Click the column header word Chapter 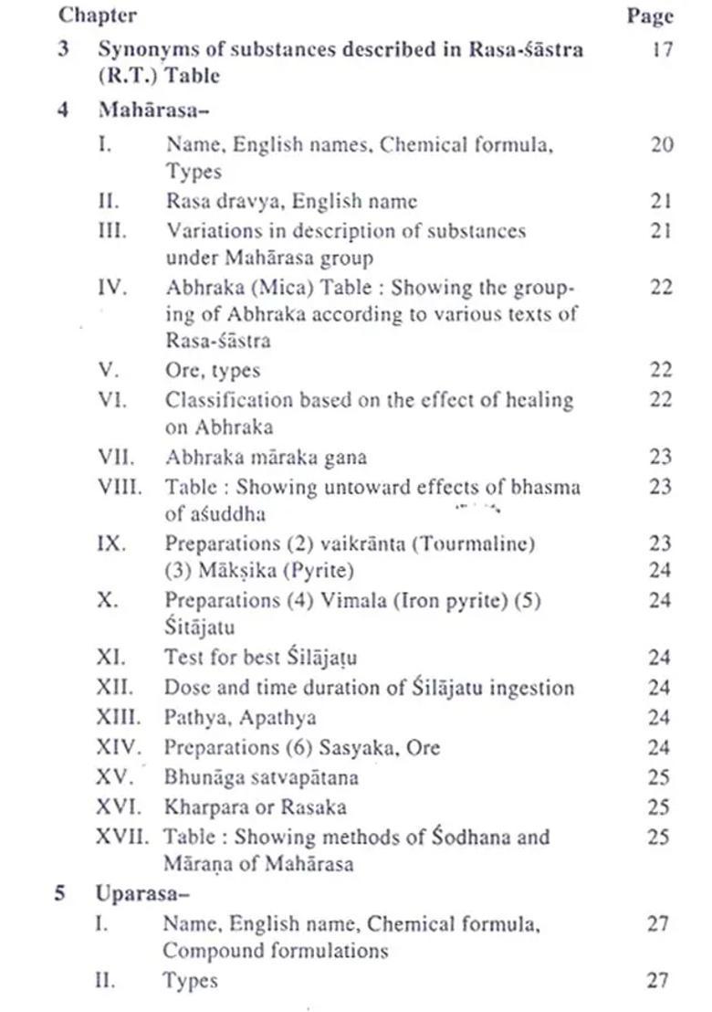tap(98, 15)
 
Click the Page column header tap(650, 16)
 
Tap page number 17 tap(662, 47)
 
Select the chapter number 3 tap(63, 48)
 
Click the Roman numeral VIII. tap(119, 487)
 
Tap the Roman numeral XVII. tap(122, 836)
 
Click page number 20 tap(662, 144)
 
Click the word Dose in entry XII tap(184, 688)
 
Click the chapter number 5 tap(59, 892)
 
